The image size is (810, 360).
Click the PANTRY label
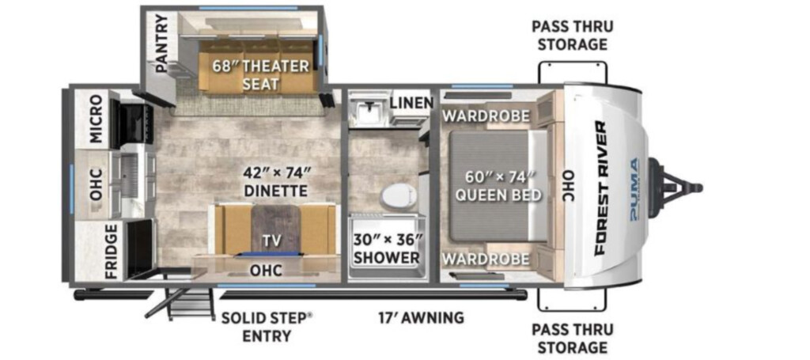click(161, 43)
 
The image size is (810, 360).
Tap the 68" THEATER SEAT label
click(260, 74)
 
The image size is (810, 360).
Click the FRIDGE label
click(113, 252)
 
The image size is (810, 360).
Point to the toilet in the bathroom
click(398, 196)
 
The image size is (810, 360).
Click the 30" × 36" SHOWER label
click(387, 248)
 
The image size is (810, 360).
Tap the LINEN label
click(411, 103)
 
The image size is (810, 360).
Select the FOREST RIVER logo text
click(601, 188)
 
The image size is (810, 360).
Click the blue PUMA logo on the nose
click(634, 190)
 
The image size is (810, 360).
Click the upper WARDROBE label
click(486, 116)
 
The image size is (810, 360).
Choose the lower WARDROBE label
click(486, 258)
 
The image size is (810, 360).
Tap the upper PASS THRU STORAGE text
click(573, 35)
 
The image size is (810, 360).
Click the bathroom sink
click(368, 108)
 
